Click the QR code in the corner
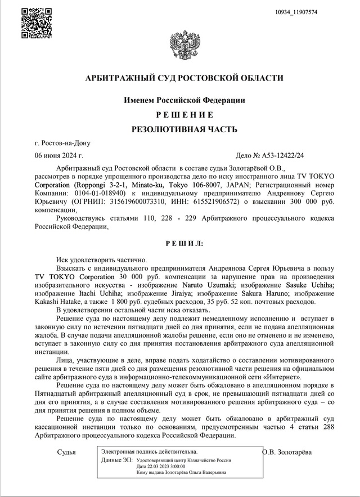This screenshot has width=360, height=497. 37,23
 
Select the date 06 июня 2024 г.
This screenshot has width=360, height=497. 58,155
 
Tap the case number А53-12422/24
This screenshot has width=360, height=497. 287,155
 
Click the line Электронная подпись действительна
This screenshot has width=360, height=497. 149,451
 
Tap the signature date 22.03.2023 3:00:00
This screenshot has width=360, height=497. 164,466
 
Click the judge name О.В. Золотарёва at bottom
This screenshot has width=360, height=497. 291,452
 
